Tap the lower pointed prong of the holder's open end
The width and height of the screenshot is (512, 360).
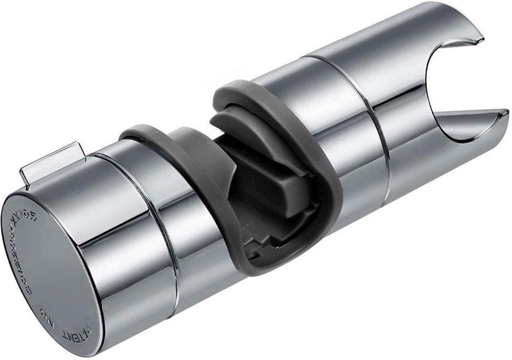pyautogui.click(x=498, y=116)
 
